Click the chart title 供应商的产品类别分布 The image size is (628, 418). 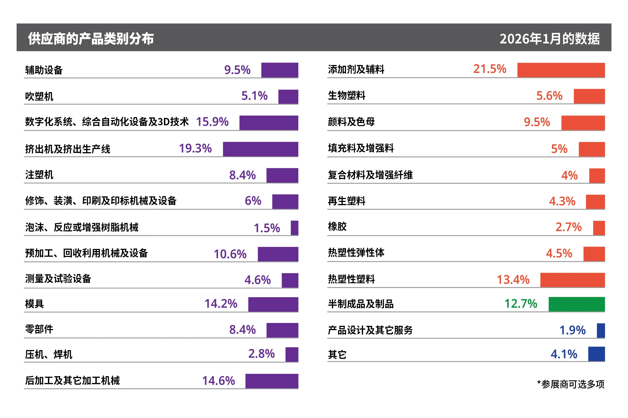tap(91, 39)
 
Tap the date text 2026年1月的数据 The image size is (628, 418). tap(549, 39)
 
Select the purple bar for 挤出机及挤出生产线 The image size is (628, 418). tap(260, 149)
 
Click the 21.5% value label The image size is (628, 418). tap(489, 69)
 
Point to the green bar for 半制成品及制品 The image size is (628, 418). tap(576, 304)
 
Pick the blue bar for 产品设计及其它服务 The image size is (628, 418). tap(601, 330)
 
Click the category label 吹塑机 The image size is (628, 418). tap(39, 97)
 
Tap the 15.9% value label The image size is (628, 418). tap(212, 122)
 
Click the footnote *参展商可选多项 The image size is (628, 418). tap(570, 384)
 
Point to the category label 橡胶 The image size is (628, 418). tap(337, 227)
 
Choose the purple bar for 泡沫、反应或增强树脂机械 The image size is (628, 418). tap(294, 228)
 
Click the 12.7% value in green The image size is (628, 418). tap(520, 304)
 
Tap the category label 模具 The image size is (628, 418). tap(35, 304)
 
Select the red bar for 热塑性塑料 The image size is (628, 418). tap(572, 280)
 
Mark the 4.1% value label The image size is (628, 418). tap(564, 354)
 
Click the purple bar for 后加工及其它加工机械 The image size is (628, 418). tap(271, 381)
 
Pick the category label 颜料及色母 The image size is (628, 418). tap(351, 122)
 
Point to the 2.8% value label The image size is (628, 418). tap(261, 354)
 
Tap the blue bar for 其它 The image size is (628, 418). tap(596, 354)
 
